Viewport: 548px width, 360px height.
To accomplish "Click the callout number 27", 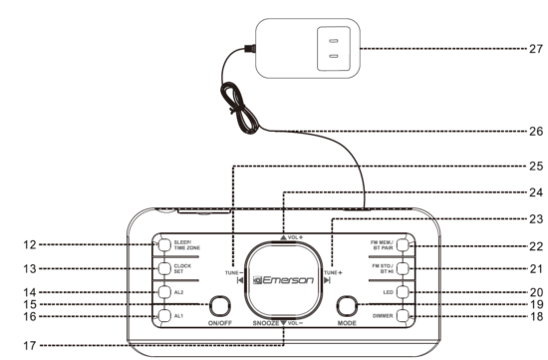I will click(535, 49).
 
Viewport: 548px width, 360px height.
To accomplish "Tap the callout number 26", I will click(535, 131).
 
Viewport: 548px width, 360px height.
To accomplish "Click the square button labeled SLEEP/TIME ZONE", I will click(162, 244).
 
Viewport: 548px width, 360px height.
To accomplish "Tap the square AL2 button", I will click(162, 292).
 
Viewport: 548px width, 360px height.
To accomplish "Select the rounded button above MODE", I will click(348, 305).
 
